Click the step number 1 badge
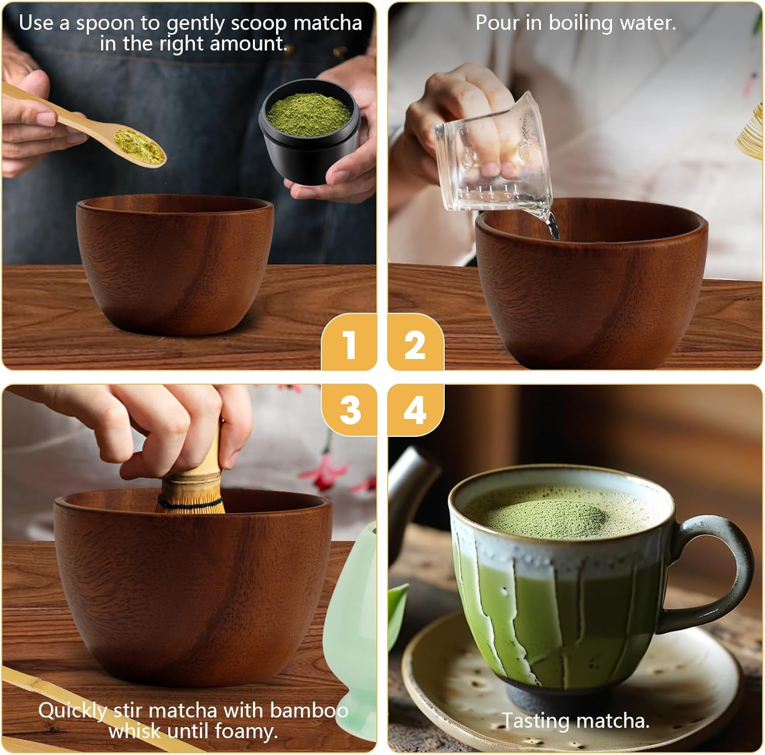tap(349, 345)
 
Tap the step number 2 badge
tap(415, 345)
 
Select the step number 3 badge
tap(349, 410)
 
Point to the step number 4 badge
tap(415, 410)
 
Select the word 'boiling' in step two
tap(580, 23)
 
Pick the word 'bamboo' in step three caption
tap(309, 710)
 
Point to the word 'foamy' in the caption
tap(246, 731)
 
